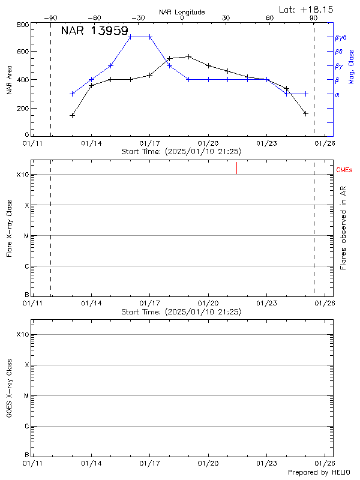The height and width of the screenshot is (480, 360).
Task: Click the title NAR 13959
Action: point(94,31)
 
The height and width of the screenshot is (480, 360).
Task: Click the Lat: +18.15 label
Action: point(307,9)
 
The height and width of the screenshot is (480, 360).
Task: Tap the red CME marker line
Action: point(237,168)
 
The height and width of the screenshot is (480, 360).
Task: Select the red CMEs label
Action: point(344,171)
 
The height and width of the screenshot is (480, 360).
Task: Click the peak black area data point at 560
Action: point(189,57)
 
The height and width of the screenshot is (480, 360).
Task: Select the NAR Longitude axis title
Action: point(182,11)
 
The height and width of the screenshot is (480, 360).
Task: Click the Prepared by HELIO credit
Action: point(317,472)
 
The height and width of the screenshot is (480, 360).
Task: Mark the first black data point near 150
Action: point(72,115)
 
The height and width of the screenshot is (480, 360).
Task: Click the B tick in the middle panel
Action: point(26,295)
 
